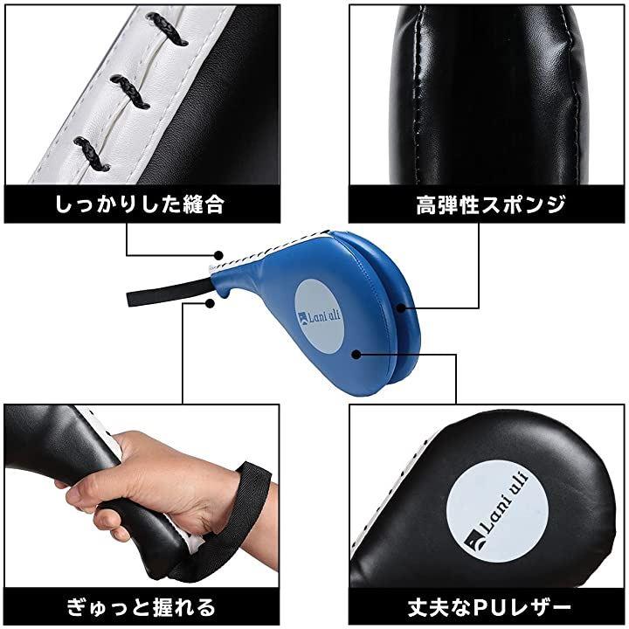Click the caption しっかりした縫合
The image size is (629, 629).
pyautogui.click(x=139, y=204)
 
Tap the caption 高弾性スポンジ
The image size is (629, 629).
pyautogui.click(x=491, y=204)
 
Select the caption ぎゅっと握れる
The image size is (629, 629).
pyautogui.click(x=142, y=607)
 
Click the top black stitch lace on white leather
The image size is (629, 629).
pyautogui.click(x=167, y=28)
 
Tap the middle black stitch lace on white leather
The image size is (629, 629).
pyautogui.click(x=129, y=92)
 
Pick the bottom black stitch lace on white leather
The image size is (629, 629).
pyautogui.click(x=93, y=153)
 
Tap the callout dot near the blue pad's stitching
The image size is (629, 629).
pyautogui.click(x=218, y=255)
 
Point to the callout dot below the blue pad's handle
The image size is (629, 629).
pyautogui.click(x=209, y=303)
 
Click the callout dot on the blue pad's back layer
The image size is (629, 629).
pyautogui.click(x=400, y=308)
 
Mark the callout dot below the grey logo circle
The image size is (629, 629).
pyautogui.click(x=356, y=354)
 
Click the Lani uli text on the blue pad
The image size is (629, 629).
pyautogui.click(x=321, y=317)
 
